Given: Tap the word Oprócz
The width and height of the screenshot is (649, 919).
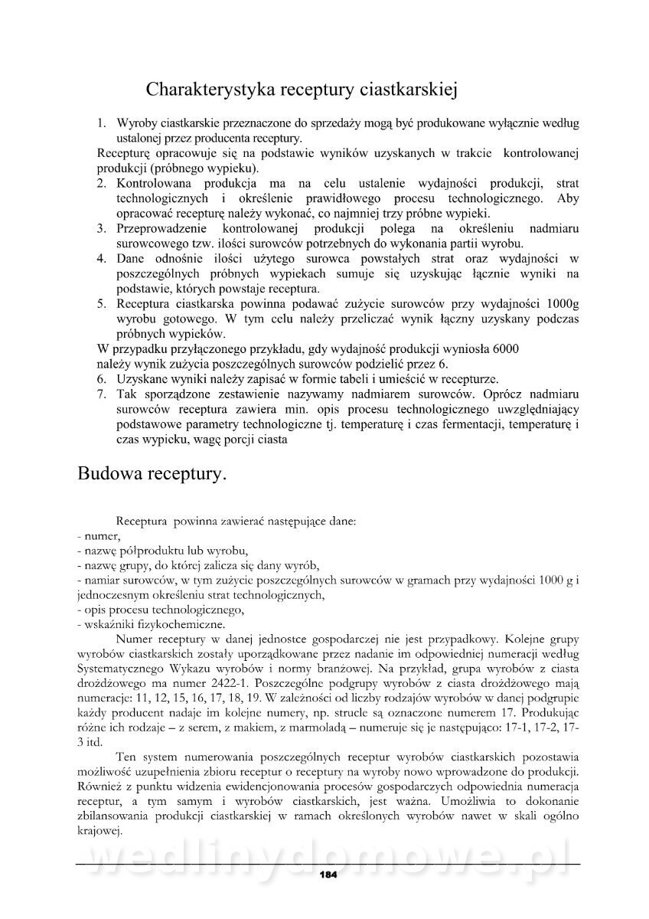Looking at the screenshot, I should coord(501,394).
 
